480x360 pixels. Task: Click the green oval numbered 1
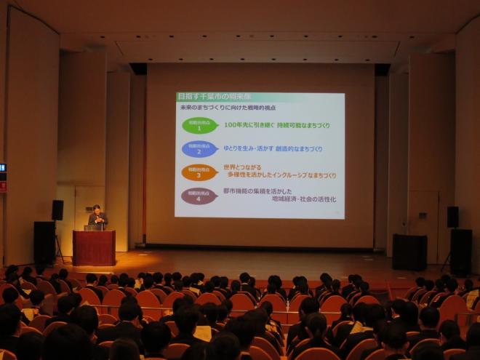(200, 125)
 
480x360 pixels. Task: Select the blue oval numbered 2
(200, 149)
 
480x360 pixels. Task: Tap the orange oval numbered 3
(200, 172)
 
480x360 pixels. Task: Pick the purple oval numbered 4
(199, 196)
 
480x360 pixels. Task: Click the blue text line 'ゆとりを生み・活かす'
(250, 149)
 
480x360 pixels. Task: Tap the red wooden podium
(94, 247)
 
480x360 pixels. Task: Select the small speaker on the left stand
(57, 210)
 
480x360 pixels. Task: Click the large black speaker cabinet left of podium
(44, 241)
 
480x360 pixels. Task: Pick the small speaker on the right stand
(452, 217)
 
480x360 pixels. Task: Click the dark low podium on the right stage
(409, 252)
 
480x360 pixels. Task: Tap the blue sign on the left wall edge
(2, 168)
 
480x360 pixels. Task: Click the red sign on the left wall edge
(2, 186)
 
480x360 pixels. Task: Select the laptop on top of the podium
(92, 228)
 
